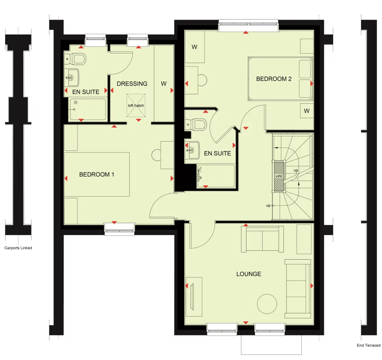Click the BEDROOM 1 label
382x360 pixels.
[x=96, y=174]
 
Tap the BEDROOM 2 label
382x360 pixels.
[x=274, y=79]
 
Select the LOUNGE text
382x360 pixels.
[x=249, y=274]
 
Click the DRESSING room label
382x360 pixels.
[x=132, y=84]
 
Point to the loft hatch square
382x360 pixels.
[x=136, y=105]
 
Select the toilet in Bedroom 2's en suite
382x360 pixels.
[x=196, y=124]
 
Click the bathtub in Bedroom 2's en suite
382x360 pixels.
[x=216, y=176]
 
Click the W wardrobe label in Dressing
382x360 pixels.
[x=164, y=84]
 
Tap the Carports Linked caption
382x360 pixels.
[x=18, y=248]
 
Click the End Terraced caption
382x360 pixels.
[x=368, y=346]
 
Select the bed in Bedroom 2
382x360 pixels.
[x=280, y=79]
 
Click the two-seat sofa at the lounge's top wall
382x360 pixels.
[x=262, y=239]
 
